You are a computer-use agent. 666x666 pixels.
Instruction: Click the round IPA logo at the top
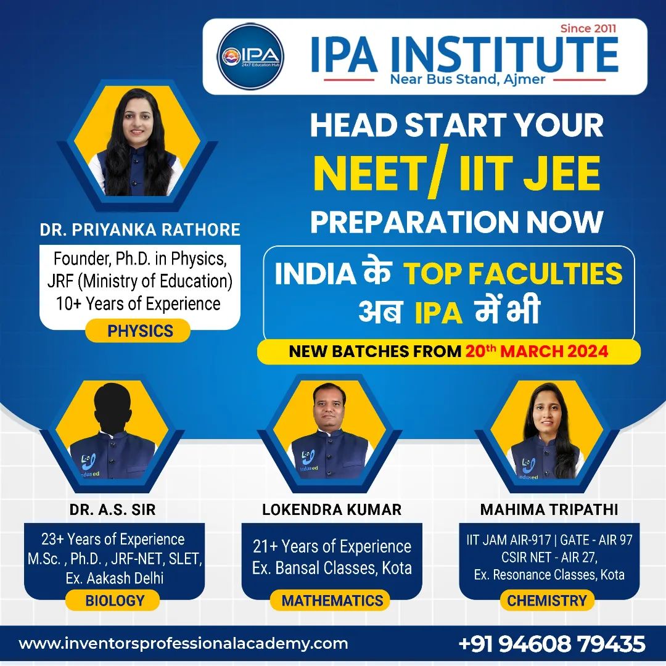(250, 56)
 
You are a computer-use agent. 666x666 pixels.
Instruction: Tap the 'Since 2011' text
(588, 28)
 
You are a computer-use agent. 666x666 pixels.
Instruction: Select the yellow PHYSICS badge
(140, 331)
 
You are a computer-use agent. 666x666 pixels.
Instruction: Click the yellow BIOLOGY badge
(115, 600)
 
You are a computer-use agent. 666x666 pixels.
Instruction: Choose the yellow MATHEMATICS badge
(332, 600)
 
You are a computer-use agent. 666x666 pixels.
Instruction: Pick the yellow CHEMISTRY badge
(546, 600)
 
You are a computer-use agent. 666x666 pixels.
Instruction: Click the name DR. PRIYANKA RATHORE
(140, 230)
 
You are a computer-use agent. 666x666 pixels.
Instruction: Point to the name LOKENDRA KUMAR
(332, 509)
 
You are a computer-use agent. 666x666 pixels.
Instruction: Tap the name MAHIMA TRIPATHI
(549, 509)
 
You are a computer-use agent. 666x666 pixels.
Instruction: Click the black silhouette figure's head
(114, 404)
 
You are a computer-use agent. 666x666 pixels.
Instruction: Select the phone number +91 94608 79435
(552, 644)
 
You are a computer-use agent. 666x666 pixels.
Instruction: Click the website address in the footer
(184, 644)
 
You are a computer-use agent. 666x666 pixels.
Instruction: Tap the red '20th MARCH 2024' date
(537, 351)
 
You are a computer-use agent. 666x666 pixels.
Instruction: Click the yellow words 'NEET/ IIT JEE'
(456, 174)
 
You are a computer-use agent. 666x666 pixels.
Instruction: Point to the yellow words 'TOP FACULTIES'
(512, 274)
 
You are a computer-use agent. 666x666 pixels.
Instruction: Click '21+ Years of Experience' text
(332, 546)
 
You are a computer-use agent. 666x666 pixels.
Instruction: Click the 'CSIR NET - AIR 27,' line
(548, 557)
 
